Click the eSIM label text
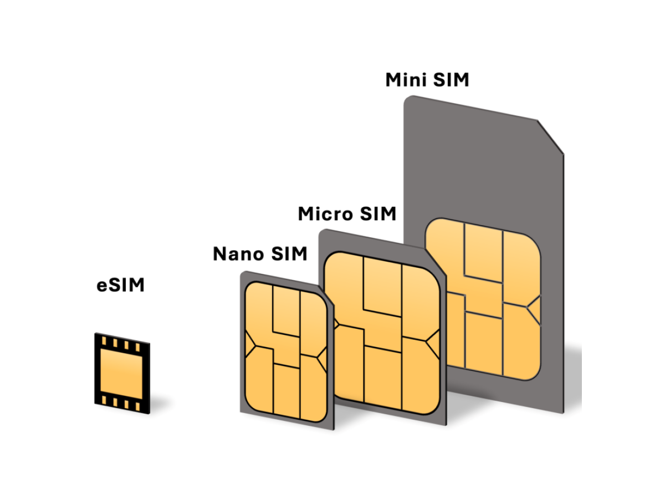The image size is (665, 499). coord(120,285)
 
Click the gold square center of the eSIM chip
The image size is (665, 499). coord(122,371)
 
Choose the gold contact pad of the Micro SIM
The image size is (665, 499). coord(382,333)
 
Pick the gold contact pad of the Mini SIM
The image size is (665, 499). coord(483,299)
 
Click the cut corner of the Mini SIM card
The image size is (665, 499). coord(551,135)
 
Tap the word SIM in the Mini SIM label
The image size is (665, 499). coord(450,80)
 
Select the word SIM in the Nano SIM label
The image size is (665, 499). coord(289,254)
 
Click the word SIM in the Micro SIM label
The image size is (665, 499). coord(377,213)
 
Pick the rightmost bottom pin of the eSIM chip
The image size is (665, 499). coord(138,405)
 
